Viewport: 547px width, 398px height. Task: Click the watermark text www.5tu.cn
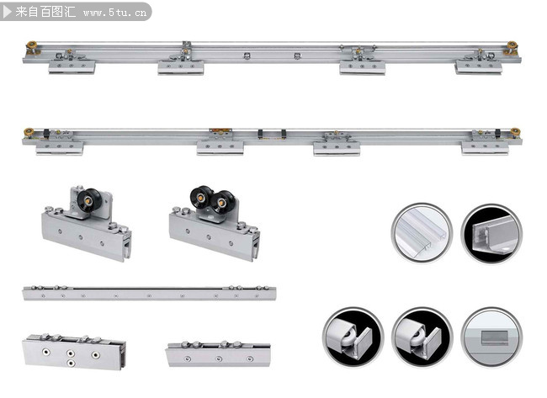[114, 13]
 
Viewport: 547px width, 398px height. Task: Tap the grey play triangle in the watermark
[7, 12]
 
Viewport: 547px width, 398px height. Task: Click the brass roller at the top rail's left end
[31, 46]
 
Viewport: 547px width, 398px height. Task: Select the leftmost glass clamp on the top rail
[72, 66]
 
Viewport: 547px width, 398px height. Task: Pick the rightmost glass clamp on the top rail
[479, 67]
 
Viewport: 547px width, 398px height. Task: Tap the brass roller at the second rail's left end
[29, 132]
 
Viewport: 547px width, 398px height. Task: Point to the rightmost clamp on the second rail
[486, 148]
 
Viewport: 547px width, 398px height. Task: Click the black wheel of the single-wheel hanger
[89, 200]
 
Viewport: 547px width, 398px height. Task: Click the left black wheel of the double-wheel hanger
[200, 197]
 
